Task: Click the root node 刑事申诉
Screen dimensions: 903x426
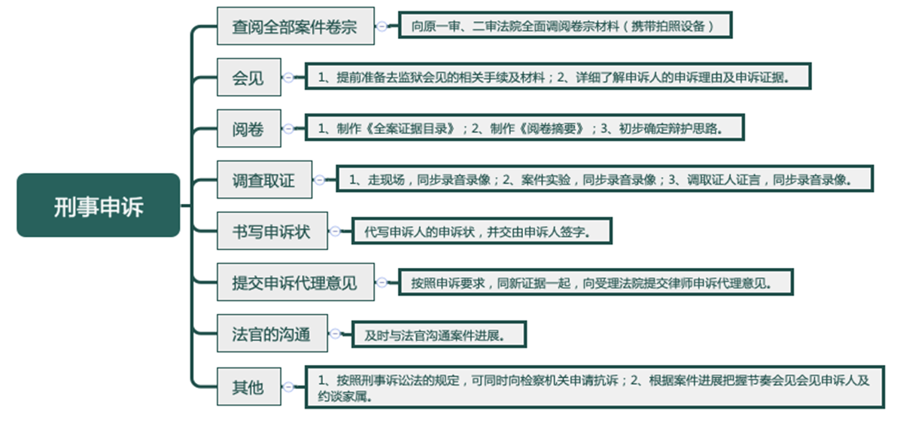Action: pyautogui.click(x=99, y=205)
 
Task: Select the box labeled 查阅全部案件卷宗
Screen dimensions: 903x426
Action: pyautogui.click(x=296, y=26)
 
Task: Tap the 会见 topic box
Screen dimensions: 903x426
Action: pyautogui.click(x=249, y=77)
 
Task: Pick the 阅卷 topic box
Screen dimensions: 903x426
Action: pyautogui.click(x=249, y=128)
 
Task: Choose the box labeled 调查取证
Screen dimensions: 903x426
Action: pyautogui.click(x=264, y=179)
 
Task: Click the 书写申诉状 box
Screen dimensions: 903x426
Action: pyautogui.click(x=272, y=230)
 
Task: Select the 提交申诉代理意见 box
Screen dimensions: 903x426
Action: pyautogui.click(x=296, y=282)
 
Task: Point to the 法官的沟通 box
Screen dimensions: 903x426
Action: pyautogui.click(x=272, y=333)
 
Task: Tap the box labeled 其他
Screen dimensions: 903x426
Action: pyautogui.click(x=249, y=387)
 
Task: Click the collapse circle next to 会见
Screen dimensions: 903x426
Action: pyautogui.click(x=288, y=77)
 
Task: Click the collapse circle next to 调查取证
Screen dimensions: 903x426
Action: pyautogui.click(x=319, y=179)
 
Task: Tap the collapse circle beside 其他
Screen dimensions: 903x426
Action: pyautogui.click(x=288, y=387)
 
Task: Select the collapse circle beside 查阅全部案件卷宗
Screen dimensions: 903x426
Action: pyautogui.click(x=382, y=26)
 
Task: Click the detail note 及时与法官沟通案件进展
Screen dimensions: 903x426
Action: pyautogui.click(x=439, y=334)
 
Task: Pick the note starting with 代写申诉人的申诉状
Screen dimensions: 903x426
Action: pyautogui.click(x=482, y=231)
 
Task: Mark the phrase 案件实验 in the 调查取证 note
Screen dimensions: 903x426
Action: pyautogui.click(x=546, y=180)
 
